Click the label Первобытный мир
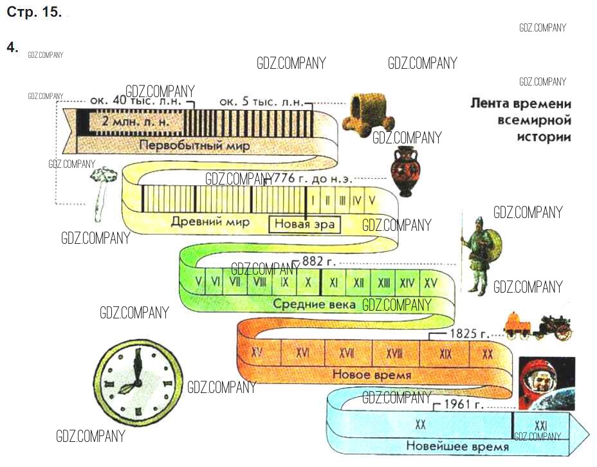(194, 145)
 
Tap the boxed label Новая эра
(304, 224)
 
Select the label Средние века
(314, 304)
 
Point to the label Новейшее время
(457, 446)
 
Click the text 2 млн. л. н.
(129, 122)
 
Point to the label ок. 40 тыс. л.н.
(137, 101)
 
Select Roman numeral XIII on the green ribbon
(384, 282)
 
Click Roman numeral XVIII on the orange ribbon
(394, 353)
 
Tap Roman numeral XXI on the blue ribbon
(540, 425)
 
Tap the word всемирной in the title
(535, 120)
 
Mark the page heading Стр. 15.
(34, 13)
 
